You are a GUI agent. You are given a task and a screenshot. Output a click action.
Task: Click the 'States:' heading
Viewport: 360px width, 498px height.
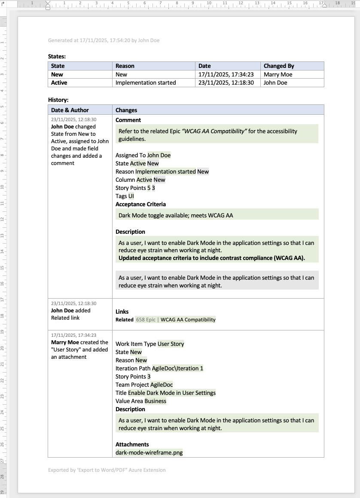(57, 56)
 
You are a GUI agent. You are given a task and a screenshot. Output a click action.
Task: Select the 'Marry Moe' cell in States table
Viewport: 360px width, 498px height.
(278, 74)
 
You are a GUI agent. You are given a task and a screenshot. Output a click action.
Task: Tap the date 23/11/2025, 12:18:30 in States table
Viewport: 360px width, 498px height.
(226, 82)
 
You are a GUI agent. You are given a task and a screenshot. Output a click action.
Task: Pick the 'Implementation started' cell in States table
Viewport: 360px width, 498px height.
(146, 82)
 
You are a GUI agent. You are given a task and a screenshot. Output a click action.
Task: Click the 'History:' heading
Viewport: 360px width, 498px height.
(58, 100)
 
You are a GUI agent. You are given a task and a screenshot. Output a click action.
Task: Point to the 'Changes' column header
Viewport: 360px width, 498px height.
(126, 110)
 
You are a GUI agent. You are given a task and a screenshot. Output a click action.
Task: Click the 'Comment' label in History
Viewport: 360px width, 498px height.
(128, 120)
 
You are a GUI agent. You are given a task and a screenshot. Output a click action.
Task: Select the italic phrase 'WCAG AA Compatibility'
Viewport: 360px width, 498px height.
(214, 131)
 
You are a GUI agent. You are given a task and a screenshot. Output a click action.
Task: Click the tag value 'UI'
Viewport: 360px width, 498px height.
(131, 196)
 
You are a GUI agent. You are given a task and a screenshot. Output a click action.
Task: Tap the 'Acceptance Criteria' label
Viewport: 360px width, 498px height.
(140, 204)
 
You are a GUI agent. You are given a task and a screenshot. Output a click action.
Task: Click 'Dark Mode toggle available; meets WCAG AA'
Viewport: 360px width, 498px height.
(176, 215)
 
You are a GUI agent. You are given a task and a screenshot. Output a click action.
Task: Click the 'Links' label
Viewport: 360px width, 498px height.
(122, 312)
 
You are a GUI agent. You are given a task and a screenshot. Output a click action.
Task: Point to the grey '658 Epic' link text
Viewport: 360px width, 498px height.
(146, 320)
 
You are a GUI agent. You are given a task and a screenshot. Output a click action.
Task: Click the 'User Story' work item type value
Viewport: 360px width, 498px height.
(171, 344)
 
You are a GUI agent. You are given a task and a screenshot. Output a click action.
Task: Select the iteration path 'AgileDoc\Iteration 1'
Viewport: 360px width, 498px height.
(177, 368)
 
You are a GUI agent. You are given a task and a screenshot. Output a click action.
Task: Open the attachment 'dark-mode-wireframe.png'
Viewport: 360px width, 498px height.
(149, 452)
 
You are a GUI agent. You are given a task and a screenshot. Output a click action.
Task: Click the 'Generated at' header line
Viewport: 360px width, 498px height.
(104, 40)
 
